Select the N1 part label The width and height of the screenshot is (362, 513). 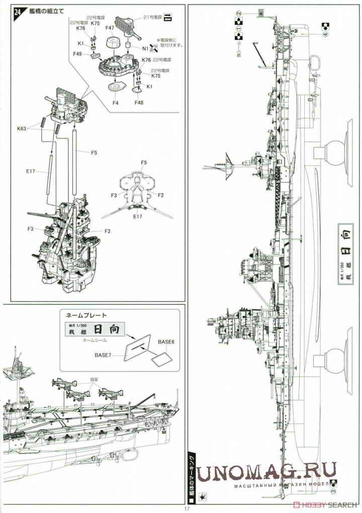(x=146, y=49)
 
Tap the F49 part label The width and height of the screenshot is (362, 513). (x=78, y=54)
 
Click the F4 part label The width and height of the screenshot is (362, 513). (x=115, y=103)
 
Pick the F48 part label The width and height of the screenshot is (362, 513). (x=139, y=103)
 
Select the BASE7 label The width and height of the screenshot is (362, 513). (x=105, y=355)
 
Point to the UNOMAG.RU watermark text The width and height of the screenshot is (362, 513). (x=266, y=471)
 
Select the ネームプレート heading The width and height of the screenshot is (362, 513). (x=83, y=315)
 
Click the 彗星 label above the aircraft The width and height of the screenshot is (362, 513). (x=94, y=380)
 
